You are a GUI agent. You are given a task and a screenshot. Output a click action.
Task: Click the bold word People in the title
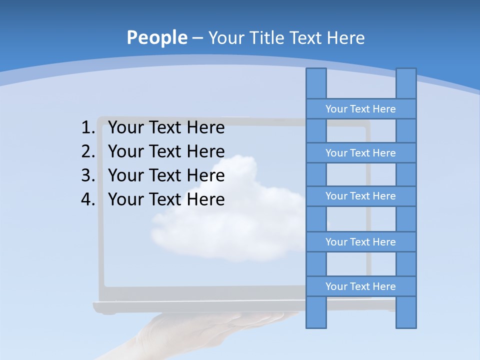tap(156, 37)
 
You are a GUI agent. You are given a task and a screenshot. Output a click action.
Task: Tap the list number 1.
tap(87, 128)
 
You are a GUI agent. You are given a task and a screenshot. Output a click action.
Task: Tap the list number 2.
tap(87, 151)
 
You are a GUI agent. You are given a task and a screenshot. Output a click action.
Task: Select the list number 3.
tap(87, 175)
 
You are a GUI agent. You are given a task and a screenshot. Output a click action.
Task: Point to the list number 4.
tap(87, 199)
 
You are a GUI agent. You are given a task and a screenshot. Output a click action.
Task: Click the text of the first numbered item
tap(166, 128)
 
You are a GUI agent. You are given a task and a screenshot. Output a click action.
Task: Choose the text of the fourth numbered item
tap(166, 199)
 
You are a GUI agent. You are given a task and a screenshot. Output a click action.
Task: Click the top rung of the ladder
tap(360, 109)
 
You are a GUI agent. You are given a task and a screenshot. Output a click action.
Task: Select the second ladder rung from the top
tap(360, 153)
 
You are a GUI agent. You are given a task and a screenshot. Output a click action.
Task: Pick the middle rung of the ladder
tap(360, 196)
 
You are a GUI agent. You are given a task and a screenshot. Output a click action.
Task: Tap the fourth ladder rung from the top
tap(360, 242)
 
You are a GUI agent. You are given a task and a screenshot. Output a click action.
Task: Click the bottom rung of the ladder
tap(360, 286)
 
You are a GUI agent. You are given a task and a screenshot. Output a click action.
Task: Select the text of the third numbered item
tap(166, 175)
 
